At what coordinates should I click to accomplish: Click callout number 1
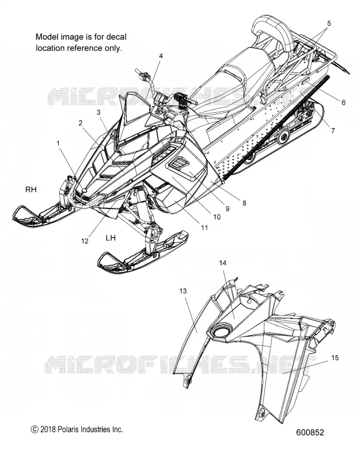58,143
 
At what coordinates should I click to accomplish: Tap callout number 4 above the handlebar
161,56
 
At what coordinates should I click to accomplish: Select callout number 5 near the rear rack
329,23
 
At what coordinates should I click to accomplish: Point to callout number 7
333,131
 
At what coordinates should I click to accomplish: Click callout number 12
85,241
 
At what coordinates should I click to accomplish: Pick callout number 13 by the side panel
183,291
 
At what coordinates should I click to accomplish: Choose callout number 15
335,358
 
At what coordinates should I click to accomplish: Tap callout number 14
223,263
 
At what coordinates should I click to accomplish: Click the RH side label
31,190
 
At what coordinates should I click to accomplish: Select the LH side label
111,237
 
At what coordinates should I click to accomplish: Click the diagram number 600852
310,433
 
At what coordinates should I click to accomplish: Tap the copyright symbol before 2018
35,429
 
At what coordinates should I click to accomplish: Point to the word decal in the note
116,37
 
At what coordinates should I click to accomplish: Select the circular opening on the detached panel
222,331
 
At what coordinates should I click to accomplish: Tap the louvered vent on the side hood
179,163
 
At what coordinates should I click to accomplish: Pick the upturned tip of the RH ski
18,213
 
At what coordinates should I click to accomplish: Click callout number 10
217,217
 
